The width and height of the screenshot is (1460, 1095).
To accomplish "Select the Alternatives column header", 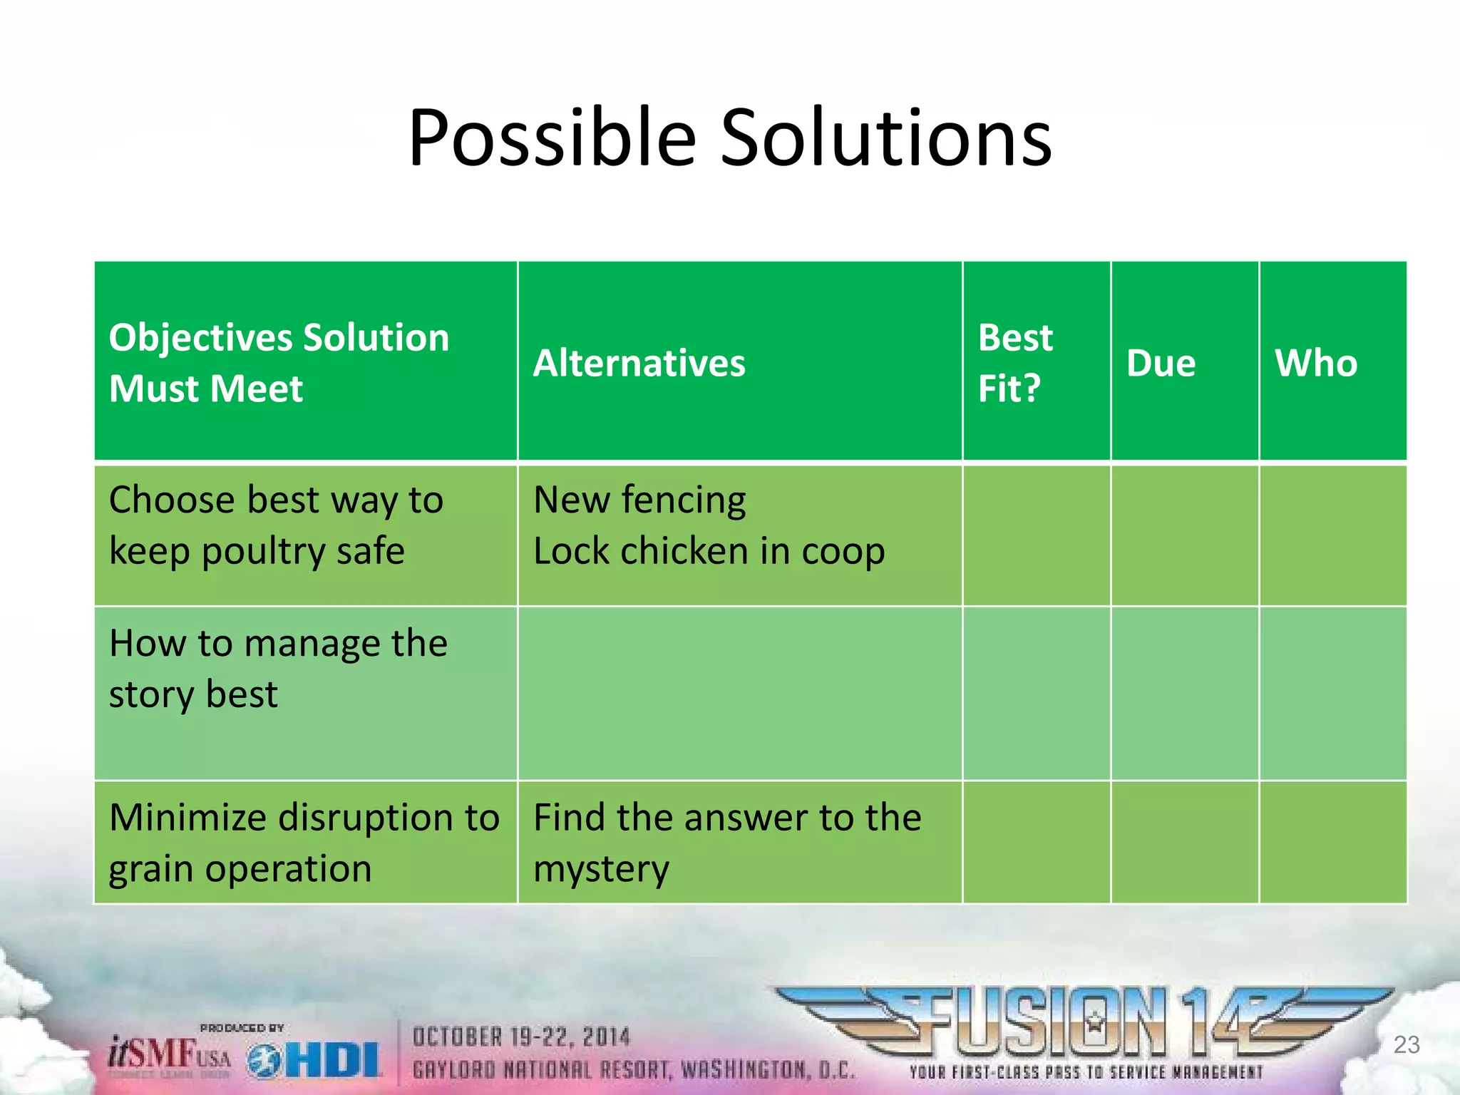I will pos(639,363).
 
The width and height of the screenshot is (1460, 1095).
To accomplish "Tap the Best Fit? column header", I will pos(1014,363).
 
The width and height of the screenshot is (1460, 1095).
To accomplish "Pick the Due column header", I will pos(1161,363).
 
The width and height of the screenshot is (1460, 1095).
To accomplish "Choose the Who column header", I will pos(1316,363).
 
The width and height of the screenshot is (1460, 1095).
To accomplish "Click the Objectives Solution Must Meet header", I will pos(279,363).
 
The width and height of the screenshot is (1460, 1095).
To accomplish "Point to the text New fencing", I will pos(639,500).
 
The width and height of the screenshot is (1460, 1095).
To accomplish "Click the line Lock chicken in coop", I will pos(709,551).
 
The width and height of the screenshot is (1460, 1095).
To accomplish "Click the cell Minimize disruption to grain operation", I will pos(304,843).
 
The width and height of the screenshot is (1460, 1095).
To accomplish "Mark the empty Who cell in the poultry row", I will pos(1332,535).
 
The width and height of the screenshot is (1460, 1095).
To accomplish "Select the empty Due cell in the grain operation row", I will pos(1184,843).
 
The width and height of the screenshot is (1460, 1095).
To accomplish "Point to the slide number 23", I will pos(1406,1045).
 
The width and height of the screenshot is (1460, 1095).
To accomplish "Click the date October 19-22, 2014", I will pos(521,1037).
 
